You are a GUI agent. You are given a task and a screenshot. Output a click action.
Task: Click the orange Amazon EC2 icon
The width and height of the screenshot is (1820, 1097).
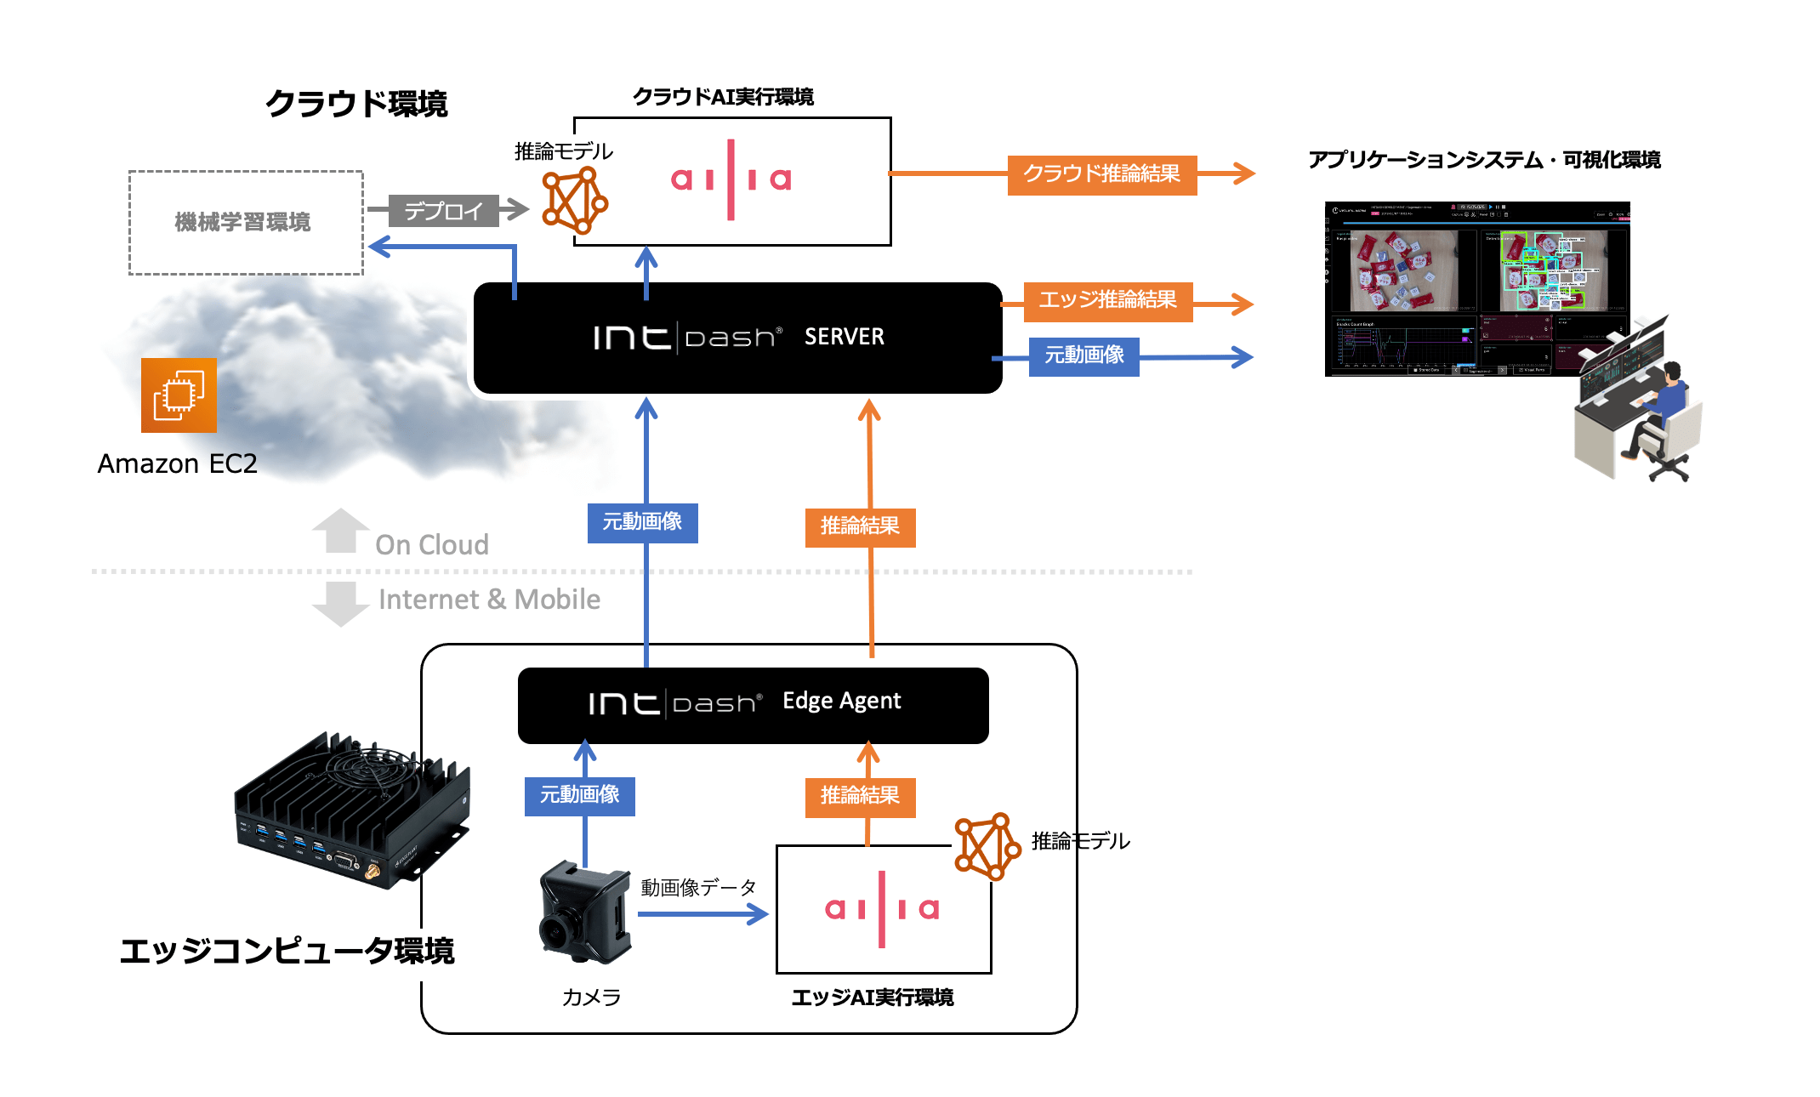(179, 395)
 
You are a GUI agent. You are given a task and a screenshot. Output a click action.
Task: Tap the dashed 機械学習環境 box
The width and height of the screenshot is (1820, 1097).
(245, 223)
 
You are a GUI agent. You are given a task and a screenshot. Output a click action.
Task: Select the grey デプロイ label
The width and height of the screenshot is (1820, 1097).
(443, 211)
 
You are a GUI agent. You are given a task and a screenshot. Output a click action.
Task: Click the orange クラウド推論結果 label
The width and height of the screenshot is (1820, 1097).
(1101, 174)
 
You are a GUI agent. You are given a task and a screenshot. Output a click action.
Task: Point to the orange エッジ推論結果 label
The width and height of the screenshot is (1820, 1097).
(1107, 301)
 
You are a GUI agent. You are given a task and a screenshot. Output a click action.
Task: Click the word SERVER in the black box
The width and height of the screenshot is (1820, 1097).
(844, 337)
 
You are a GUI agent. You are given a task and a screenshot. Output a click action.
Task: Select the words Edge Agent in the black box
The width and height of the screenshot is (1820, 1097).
(841, 701)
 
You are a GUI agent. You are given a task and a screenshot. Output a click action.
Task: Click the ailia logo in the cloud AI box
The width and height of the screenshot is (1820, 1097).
(731, 179)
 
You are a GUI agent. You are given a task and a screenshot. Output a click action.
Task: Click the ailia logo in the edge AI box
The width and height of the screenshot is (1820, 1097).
(882, 909)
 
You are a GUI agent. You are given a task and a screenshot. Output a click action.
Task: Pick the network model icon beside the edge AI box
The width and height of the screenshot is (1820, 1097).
(987, 845)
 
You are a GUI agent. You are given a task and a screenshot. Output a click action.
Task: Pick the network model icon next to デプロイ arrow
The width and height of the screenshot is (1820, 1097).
(575, 201)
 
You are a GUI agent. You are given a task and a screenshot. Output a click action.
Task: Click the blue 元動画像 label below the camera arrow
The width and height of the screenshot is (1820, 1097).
(579, 796)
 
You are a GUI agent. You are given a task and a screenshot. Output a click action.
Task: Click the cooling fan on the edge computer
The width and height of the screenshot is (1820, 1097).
(373, 766)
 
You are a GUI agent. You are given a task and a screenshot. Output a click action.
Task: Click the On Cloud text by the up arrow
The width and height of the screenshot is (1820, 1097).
(431, 545)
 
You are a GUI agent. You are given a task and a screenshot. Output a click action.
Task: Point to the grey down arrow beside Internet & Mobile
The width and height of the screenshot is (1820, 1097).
(340, 603)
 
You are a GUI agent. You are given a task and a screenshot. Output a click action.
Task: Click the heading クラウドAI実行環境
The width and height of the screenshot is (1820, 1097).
(723, 97)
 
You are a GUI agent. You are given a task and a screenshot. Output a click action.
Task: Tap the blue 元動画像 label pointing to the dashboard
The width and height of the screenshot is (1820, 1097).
(1083, 356)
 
